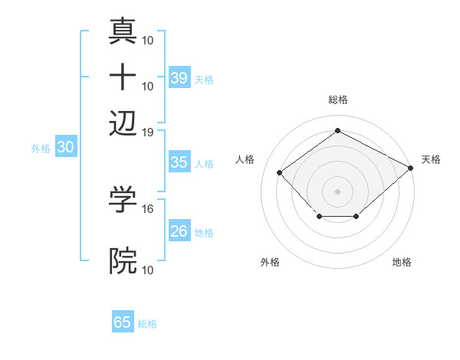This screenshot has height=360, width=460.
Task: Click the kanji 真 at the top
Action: coord(123,32)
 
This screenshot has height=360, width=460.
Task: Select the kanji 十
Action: coord(123,77)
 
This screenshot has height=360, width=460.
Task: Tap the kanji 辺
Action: coord(123,123)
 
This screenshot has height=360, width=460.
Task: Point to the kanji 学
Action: coord(123,201)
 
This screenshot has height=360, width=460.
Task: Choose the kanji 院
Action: coord(123,261)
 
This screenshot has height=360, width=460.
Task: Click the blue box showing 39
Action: coord(179,77)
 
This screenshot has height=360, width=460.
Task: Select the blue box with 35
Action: coord(179,162)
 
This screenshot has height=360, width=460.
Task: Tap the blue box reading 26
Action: coord(179,231)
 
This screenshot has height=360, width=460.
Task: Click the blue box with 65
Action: coord(123,322)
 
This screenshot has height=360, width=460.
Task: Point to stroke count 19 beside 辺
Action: coord(148,132)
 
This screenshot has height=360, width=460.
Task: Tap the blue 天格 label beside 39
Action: coord(204,79)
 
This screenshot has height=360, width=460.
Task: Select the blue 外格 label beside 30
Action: coord(41,149)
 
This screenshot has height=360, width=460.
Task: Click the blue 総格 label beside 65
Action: coord(147,324)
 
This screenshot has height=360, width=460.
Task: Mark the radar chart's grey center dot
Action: coord(337,191)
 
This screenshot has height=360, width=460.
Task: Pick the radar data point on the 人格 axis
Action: coord(280,173)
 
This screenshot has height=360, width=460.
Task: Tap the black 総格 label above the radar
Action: coord(338,100)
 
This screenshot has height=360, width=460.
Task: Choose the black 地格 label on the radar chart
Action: coord(402,262)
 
